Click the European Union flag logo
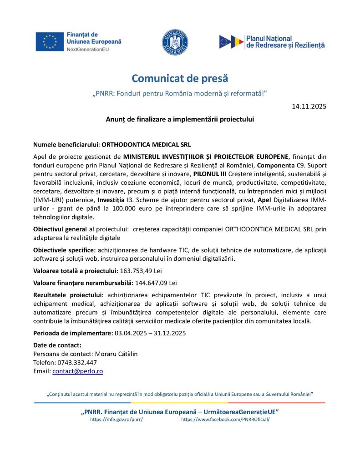tap(50, 41)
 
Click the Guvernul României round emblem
tap(175, 42)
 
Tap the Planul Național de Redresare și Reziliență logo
tap(272, 42)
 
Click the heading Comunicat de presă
tap(180, 79)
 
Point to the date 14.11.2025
tap(309, 106)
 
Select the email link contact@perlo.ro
tap(78, 371)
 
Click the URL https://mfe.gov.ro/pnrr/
tap(117, 420)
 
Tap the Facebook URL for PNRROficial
tap(225, 420)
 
